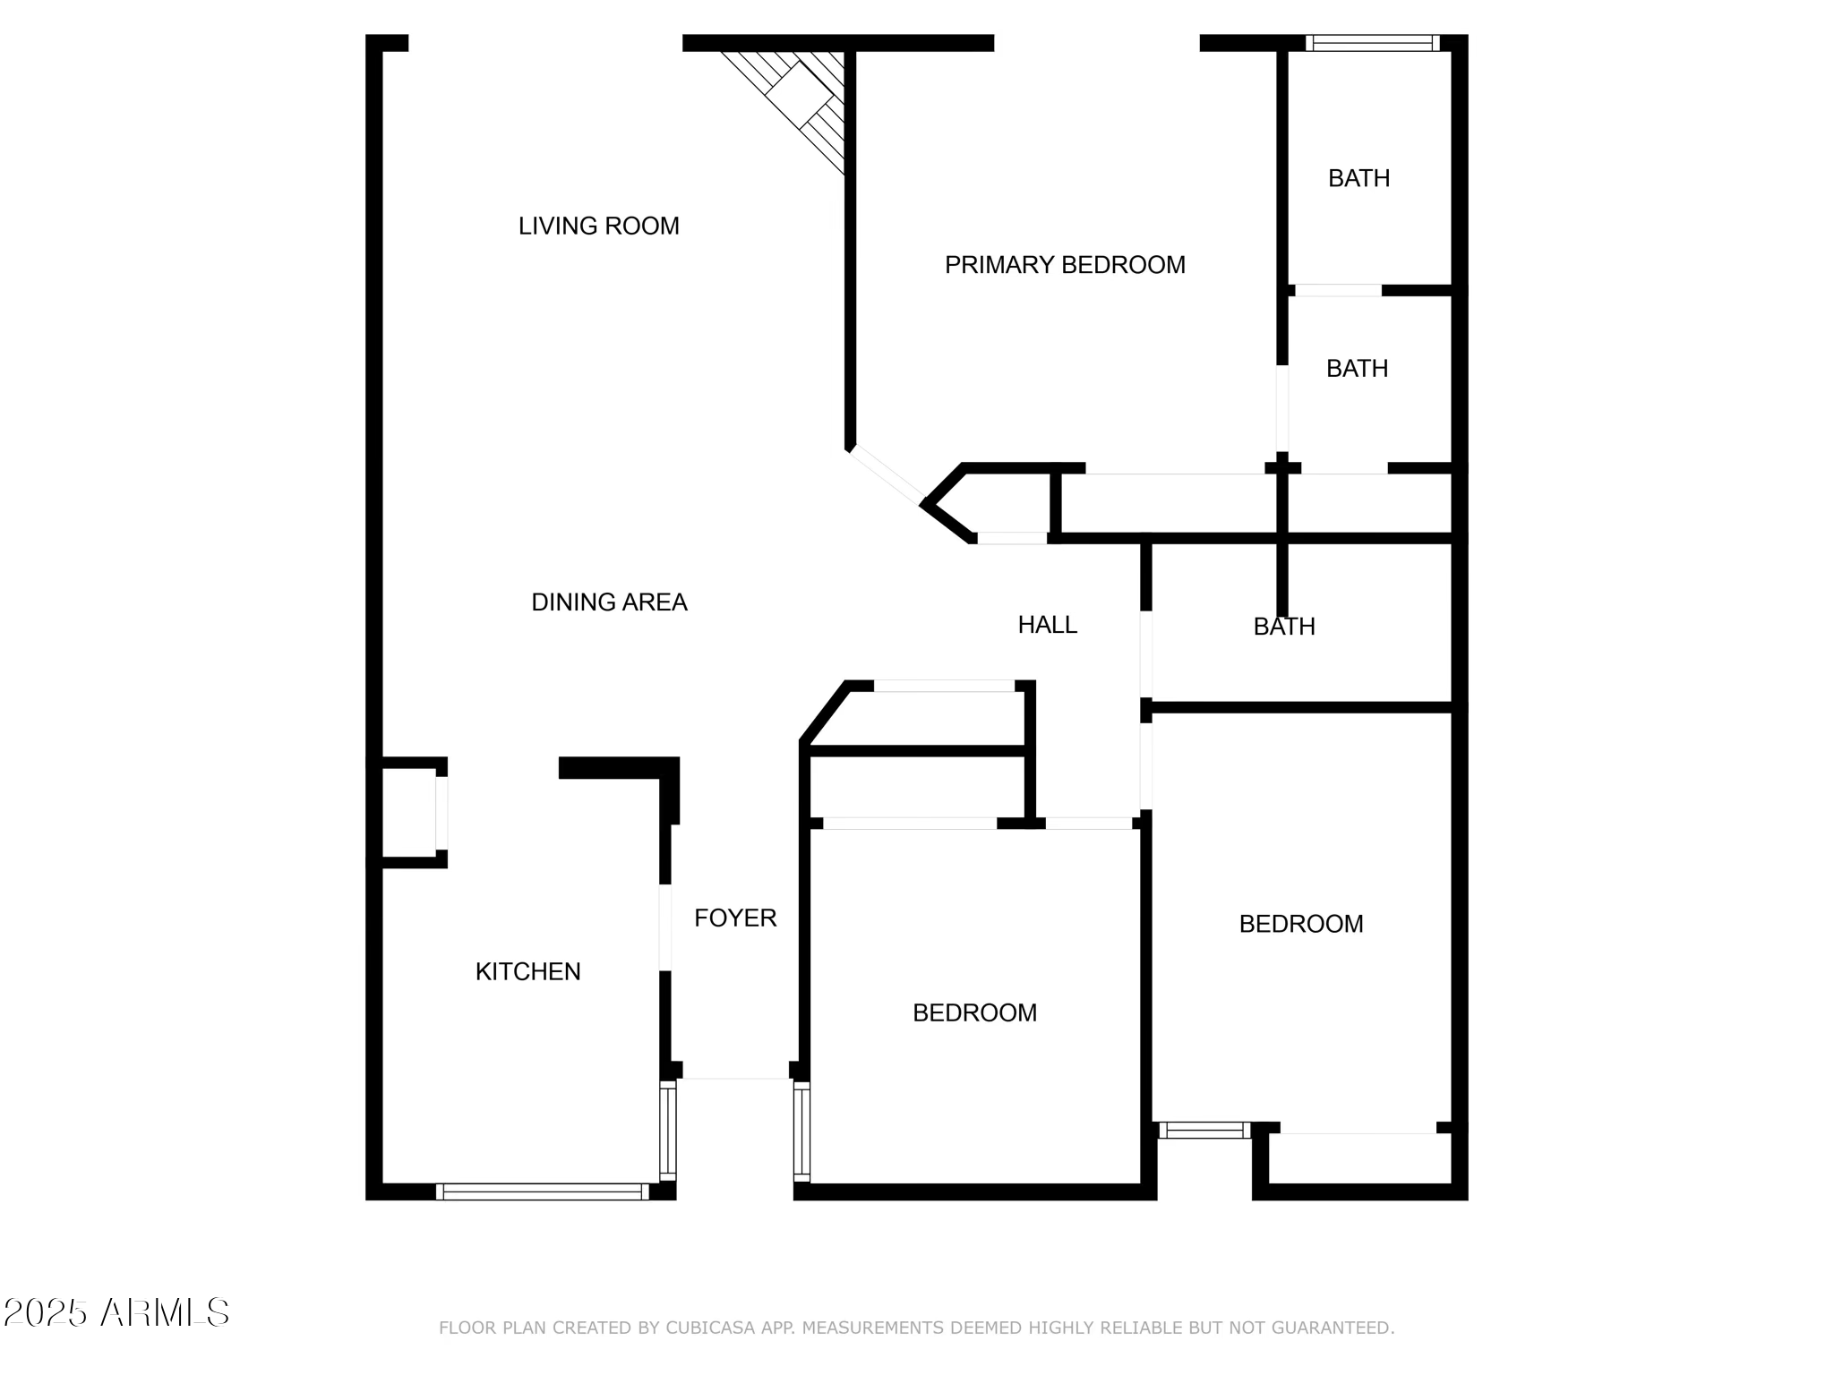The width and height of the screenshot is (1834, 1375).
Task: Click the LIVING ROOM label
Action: (598, 226)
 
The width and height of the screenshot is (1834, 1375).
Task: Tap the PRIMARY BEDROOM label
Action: (1065, 265)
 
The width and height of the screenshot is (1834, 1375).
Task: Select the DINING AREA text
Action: (609, 602)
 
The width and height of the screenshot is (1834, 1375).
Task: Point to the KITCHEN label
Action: (527, 971)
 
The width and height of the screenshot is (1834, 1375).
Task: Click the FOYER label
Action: (735, 918)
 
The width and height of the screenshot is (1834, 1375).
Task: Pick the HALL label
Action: (1047, 625)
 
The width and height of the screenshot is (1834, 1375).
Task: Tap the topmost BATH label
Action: (1358, 178)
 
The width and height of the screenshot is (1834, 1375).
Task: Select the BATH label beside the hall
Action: (1284, 627)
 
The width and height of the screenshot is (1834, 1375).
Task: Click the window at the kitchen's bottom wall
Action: (542, 1191)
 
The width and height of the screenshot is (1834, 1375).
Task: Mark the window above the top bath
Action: (1372, 43)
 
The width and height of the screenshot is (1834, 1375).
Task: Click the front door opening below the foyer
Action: (735, 1078)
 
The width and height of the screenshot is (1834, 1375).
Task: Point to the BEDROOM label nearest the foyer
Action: (974, 1012)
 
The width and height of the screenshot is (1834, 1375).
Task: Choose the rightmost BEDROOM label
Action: (1300, 924)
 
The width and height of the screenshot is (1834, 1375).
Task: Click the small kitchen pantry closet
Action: (409, 813)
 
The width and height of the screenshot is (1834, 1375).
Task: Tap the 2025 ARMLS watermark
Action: (116, 1313)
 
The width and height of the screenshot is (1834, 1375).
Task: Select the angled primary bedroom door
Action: (886, 475)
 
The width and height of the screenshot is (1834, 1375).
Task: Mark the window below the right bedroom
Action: (1204, 1130)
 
